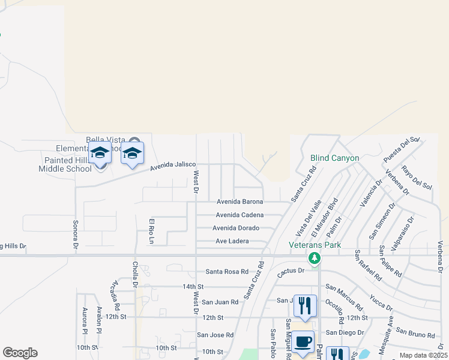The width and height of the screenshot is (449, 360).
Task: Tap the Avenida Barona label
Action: click(240, 202)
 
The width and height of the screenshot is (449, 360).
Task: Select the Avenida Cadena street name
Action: click(240, 215)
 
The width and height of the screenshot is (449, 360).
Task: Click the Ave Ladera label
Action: click(232, 241)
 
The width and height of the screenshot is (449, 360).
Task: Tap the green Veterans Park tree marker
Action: click(314, 258)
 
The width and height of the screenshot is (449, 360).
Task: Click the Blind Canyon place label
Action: click(335, 158)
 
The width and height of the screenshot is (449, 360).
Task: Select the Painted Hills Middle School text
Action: click(68, 164)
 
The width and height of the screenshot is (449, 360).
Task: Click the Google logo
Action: click(20, 353)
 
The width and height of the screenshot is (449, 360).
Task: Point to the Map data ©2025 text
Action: click(423, 355)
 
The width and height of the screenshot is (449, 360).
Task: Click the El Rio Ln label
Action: click(152, 231)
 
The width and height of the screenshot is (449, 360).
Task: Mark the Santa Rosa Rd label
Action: click(227, 271)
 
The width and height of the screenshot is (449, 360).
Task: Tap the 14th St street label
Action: click(193, 287)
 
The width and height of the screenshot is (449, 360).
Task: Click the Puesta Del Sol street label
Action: click(400, 149)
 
